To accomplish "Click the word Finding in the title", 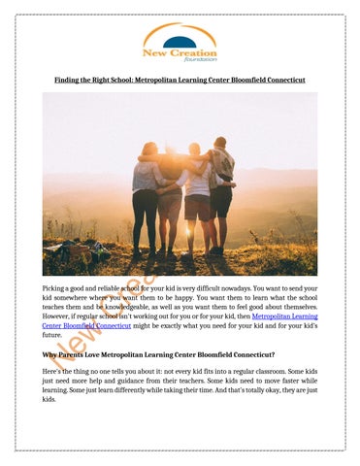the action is point(67,81).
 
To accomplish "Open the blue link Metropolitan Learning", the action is point(283,316).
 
